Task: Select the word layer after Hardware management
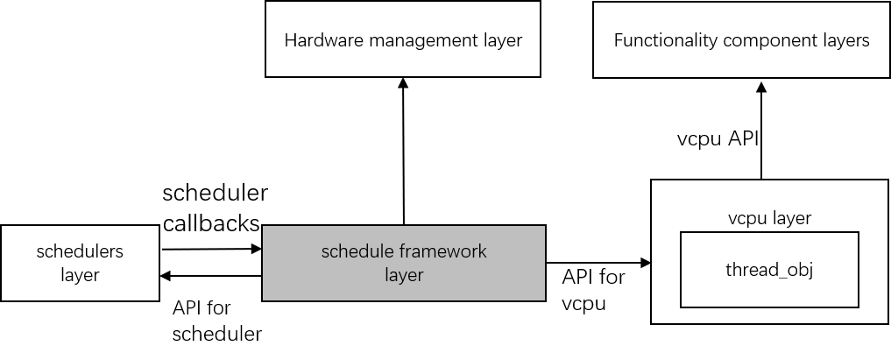point(504,40)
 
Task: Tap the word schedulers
point(80,252)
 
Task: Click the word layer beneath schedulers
point(80,275)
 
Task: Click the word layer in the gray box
point(404,275)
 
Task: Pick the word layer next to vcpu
point(791,218)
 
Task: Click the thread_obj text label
point(769,270)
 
